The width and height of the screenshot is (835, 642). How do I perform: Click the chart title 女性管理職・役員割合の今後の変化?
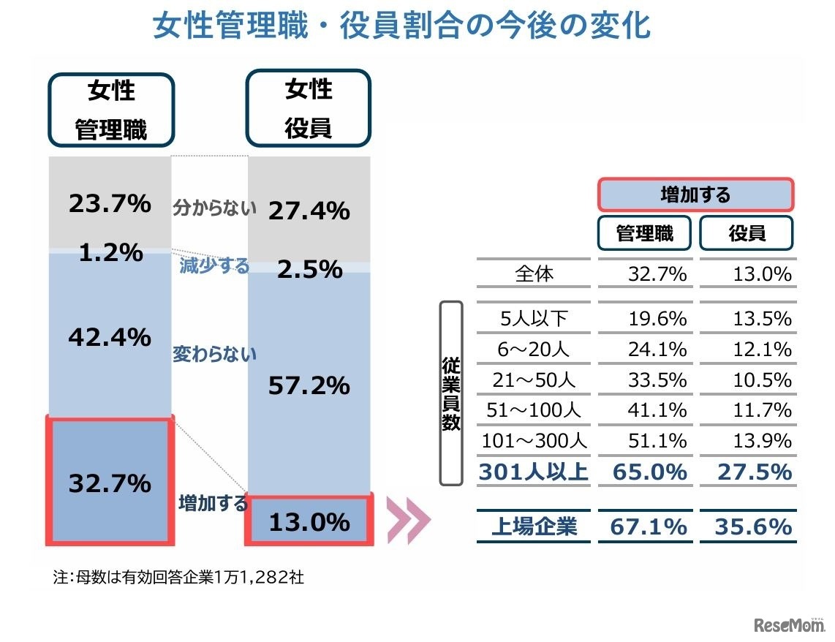[401, 27]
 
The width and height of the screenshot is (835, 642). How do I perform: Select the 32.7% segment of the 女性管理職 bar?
[110, 483]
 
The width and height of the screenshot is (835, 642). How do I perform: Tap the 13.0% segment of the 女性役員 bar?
[309, 521]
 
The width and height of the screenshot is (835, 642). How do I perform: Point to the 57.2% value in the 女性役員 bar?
[309, 385]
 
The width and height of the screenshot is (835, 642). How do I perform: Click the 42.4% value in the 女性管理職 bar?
[110, 337]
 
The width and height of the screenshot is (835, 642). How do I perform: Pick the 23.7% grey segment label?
[110, 204]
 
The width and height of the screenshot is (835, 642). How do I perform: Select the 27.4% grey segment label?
[309, 211]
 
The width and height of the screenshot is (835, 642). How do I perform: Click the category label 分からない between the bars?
[214, 208]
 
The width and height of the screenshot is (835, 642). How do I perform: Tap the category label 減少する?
[214, 265]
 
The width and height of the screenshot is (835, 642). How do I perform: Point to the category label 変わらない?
[214, 355]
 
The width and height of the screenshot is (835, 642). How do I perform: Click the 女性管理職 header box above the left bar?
[111, 110]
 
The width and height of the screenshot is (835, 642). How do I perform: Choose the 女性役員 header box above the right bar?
[309, 109]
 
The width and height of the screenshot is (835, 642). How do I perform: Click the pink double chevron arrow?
[407, 521]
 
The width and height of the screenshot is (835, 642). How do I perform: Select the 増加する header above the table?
[695, 195]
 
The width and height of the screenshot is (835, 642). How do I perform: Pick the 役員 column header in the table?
[747, 233]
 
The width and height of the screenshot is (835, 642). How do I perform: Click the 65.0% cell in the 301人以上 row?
[644, 472]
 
